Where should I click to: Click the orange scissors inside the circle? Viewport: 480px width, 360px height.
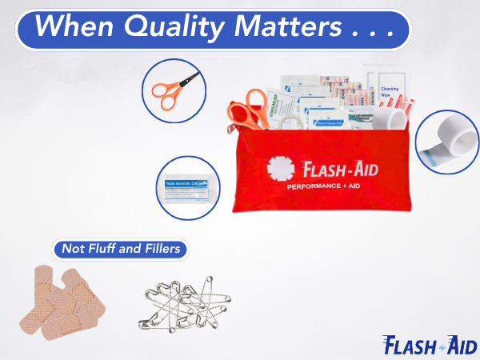point(171,88)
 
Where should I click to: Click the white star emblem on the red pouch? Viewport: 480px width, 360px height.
point(279,170)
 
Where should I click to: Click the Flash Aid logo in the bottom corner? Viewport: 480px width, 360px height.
point(430,345)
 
